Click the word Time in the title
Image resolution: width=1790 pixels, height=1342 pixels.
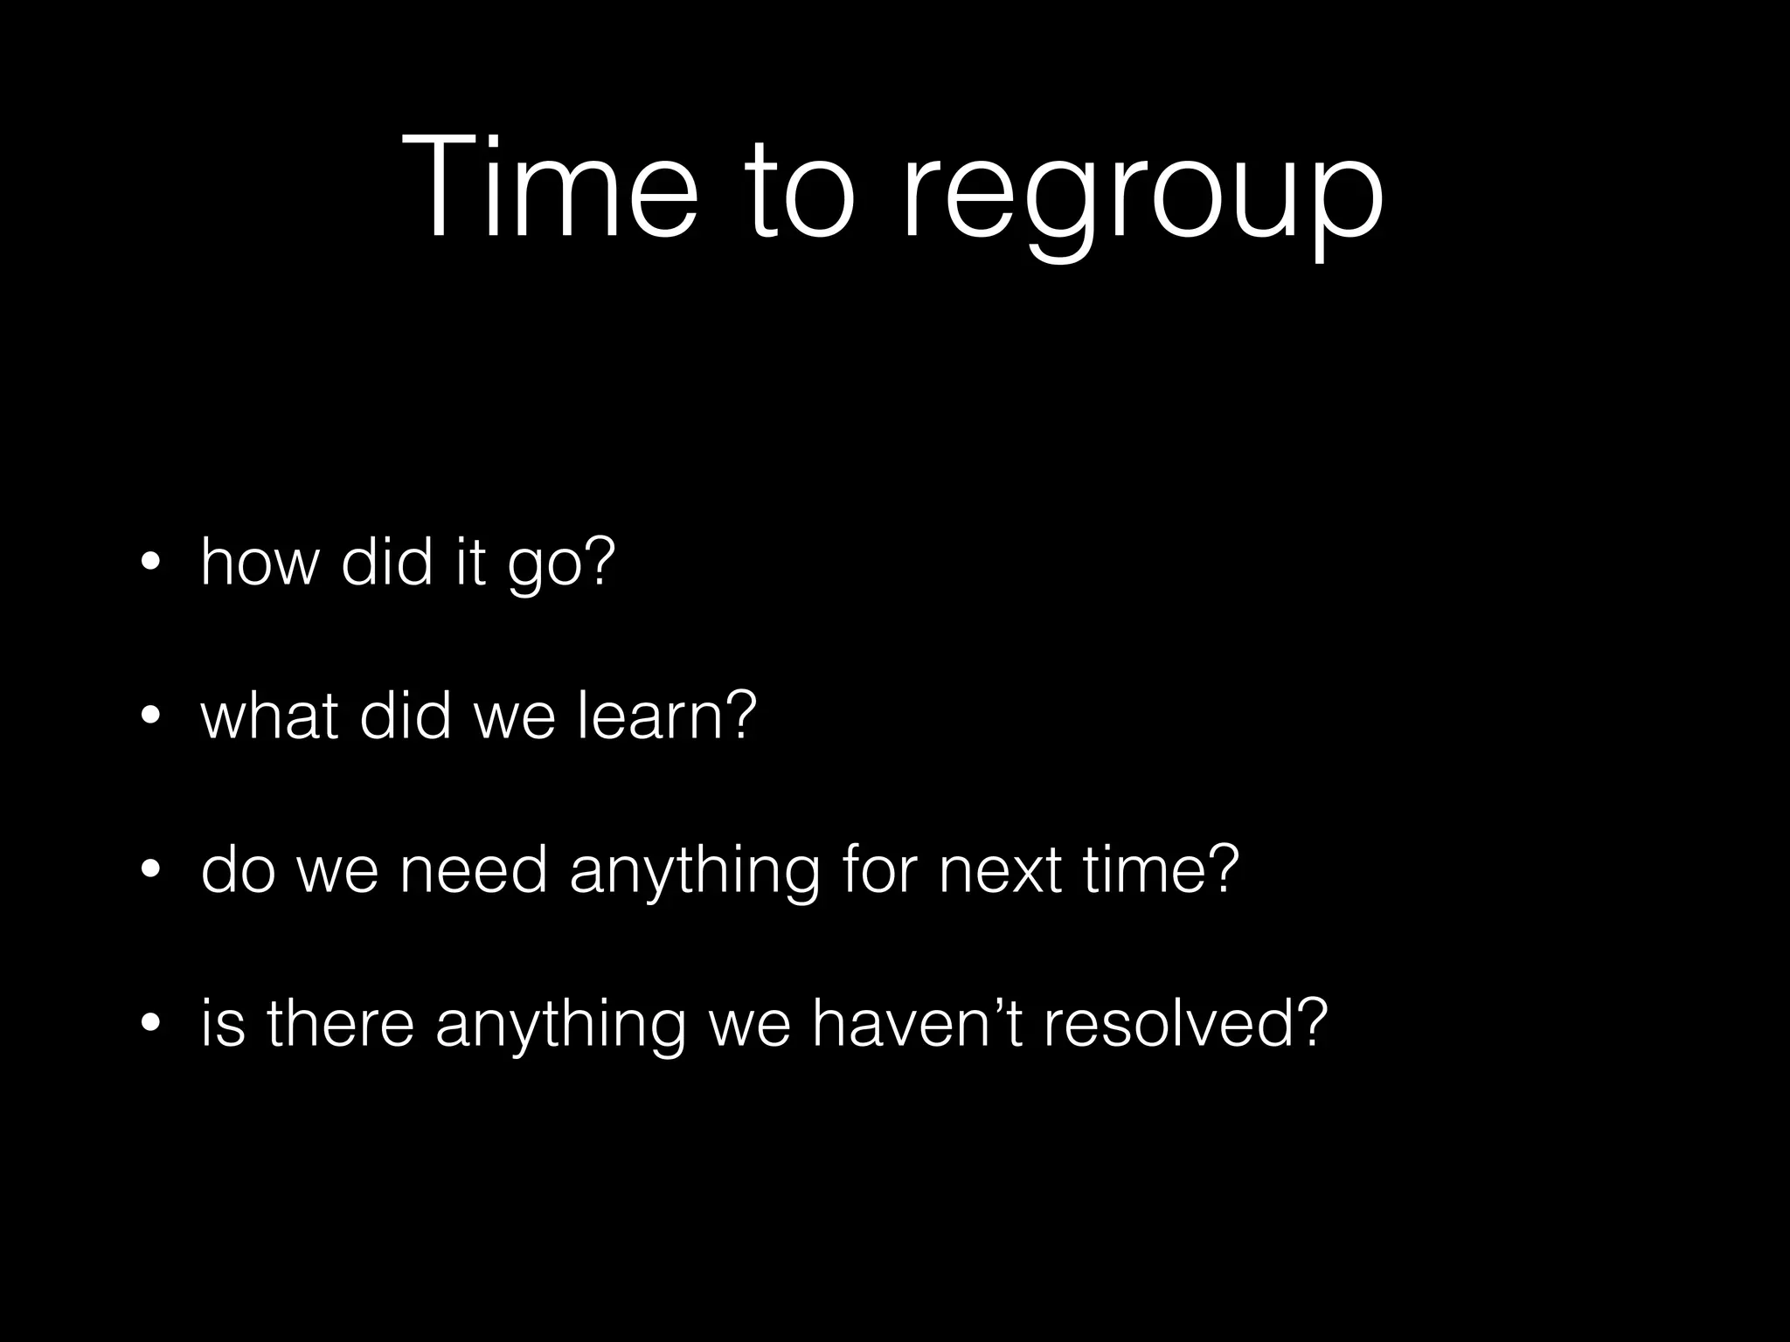551,189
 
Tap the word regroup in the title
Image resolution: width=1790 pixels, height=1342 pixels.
1141,197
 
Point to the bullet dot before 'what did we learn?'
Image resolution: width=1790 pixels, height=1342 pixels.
151,716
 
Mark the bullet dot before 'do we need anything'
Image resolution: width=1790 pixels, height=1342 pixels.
151,870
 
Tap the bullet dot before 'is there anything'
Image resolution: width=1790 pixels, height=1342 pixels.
151,1024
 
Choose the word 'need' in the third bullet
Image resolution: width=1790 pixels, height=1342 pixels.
473,870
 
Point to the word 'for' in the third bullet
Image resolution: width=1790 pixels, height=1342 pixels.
879,870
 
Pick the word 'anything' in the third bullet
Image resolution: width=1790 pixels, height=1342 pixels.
695,874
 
